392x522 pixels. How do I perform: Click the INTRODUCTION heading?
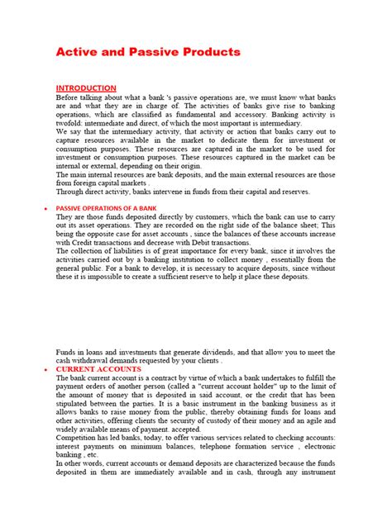(86, 88)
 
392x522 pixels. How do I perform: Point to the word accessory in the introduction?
(286, 115)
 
